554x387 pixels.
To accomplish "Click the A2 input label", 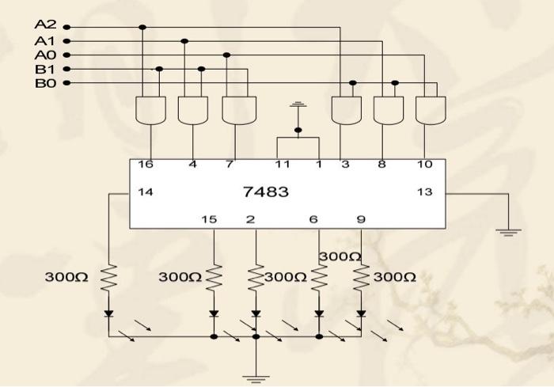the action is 45,26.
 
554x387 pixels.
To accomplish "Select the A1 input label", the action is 45,40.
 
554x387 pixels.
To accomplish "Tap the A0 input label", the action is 45,55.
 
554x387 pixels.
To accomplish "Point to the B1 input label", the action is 45,69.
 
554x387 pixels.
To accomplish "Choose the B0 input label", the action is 45,82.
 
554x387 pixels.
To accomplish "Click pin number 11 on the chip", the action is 282,165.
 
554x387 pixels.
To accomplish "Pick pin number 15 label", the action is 208,218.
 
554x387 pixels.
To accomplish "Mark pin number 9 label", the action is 361,218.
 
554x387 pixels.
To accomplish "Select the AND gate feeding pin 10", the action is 431,110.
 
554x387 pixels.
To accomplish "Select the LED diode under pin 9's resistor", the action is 361,313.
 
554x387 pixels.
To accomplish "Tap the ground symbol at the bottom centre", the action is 256,378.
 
